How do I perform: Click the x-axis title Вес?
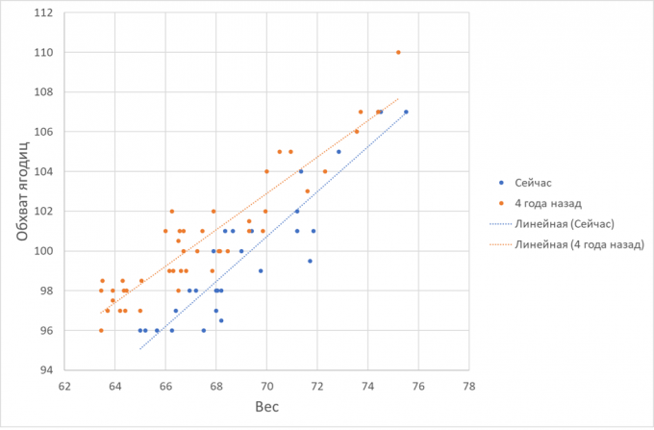(266, 408)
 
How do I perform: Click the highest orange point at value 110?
(398, 52)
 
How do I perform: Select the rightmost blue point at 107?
(406, 112)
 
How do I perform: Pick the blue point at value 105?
(339, 151)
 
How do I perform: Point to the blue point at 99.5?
(310, 261)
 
